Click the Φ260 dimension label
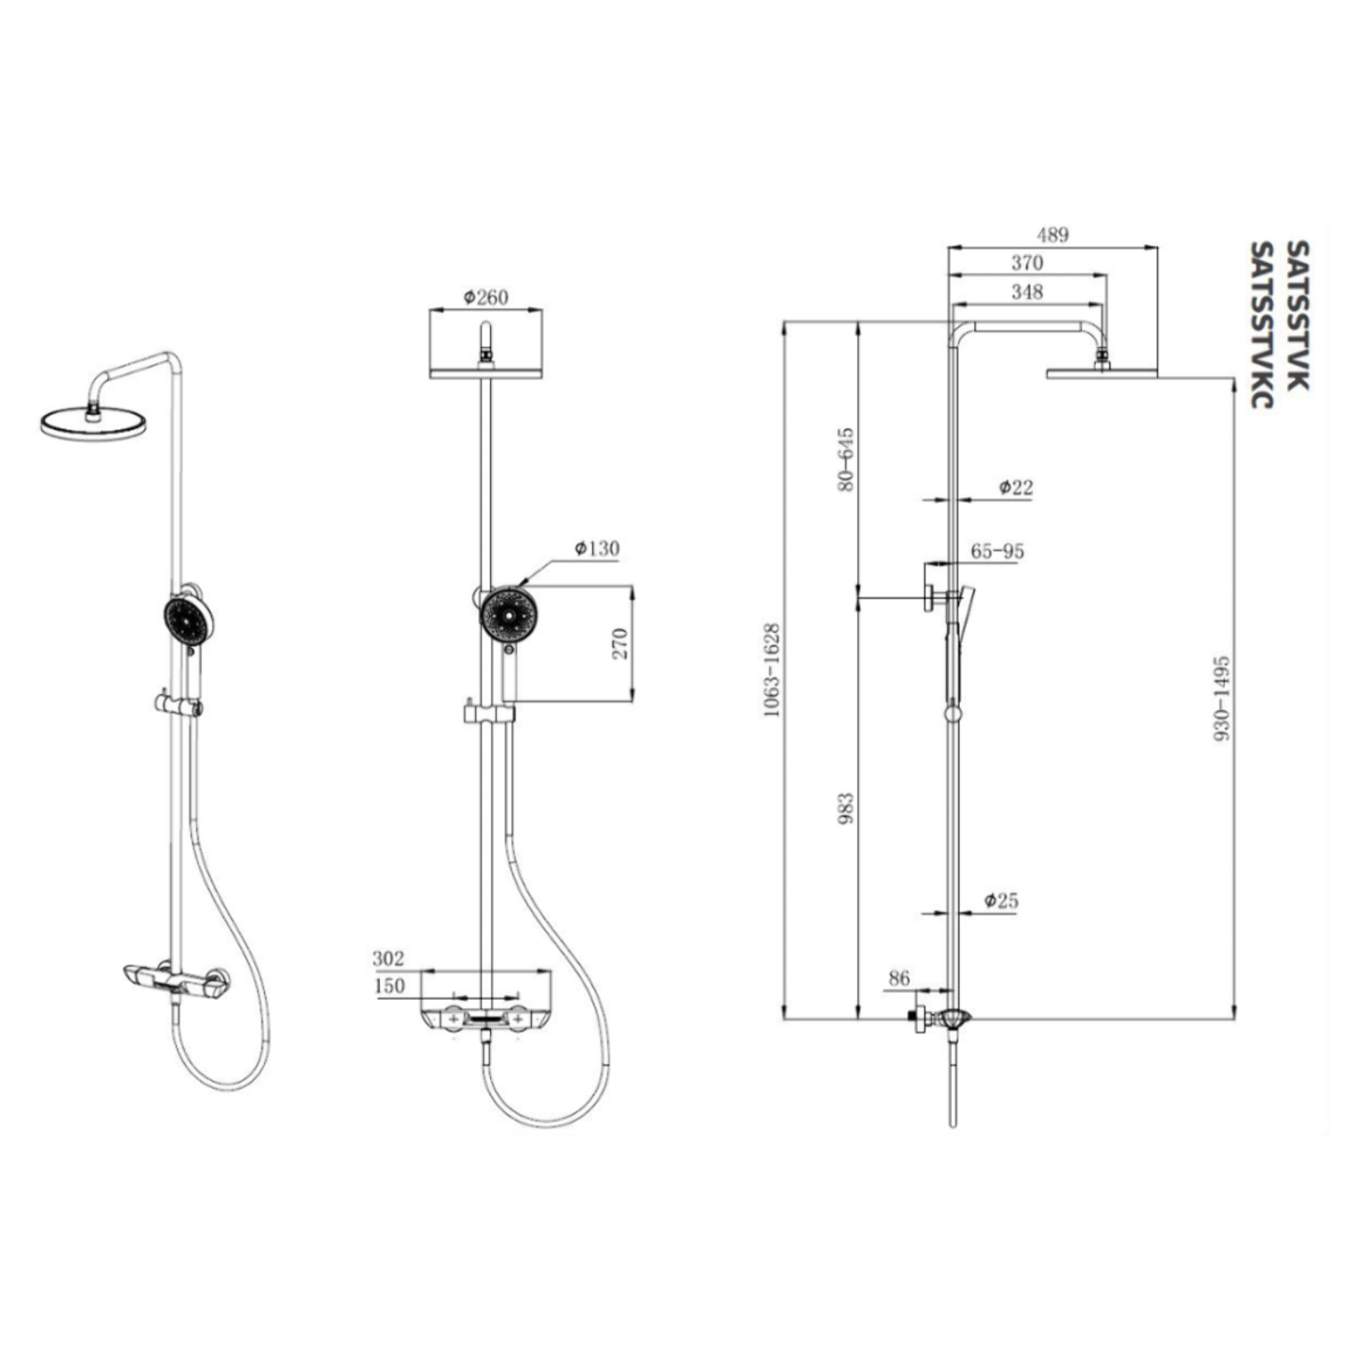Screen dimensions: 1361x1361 486,297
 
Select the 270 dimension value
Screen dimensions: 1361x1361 621,643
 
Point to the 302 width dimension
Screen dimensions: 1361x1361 388,958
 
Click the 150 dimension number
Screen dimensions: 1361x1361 389,986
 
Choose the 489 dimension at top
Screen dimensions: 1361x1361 1052,235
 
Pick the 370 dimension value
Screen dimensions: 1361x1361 1027,263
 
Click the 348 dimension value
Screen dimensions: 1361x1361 1027,291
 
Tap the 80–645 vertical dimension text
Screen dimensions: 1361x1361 846,460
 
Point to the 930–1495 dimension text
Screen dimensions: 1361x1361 1221,699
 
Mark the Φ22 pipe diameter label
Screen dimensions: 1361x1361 1015,487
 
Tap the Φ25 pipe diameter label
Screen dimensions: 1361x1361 1001,901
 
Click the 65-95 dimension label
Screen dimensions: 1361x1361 997,551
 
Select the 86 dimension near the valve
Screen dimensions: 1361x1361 899,978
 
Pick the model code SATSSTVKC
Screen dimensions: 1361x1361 1262,324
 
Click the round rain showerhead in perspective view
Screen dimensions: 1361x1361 93,423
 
